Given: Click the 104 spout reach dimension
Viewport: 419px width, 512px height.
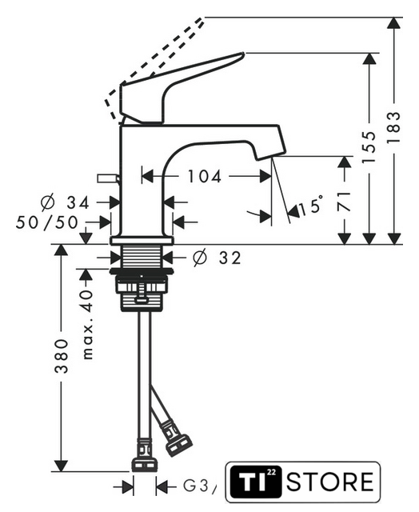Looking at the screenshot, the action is point(204,177).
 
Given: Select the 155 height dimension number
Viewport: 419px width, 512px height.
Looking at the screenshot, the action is point(369,147).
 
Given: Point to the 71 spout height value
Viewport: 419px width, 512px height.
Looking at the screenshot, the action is point(344,202).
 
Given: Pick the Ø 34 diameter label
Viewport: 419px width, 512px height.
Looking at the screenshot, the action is point(65,202).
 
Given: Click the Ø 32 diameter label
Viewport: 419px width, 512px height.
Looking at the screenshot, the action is point(217,258).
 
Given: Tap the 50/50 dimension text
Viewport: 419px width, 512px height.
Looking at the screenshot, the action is point(47,222).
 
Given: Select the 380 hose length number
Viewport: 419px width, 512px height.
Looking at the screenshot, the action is point(62,356).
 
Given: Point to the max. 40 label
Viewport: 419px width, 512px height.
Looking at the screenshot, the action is point(87,324).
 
